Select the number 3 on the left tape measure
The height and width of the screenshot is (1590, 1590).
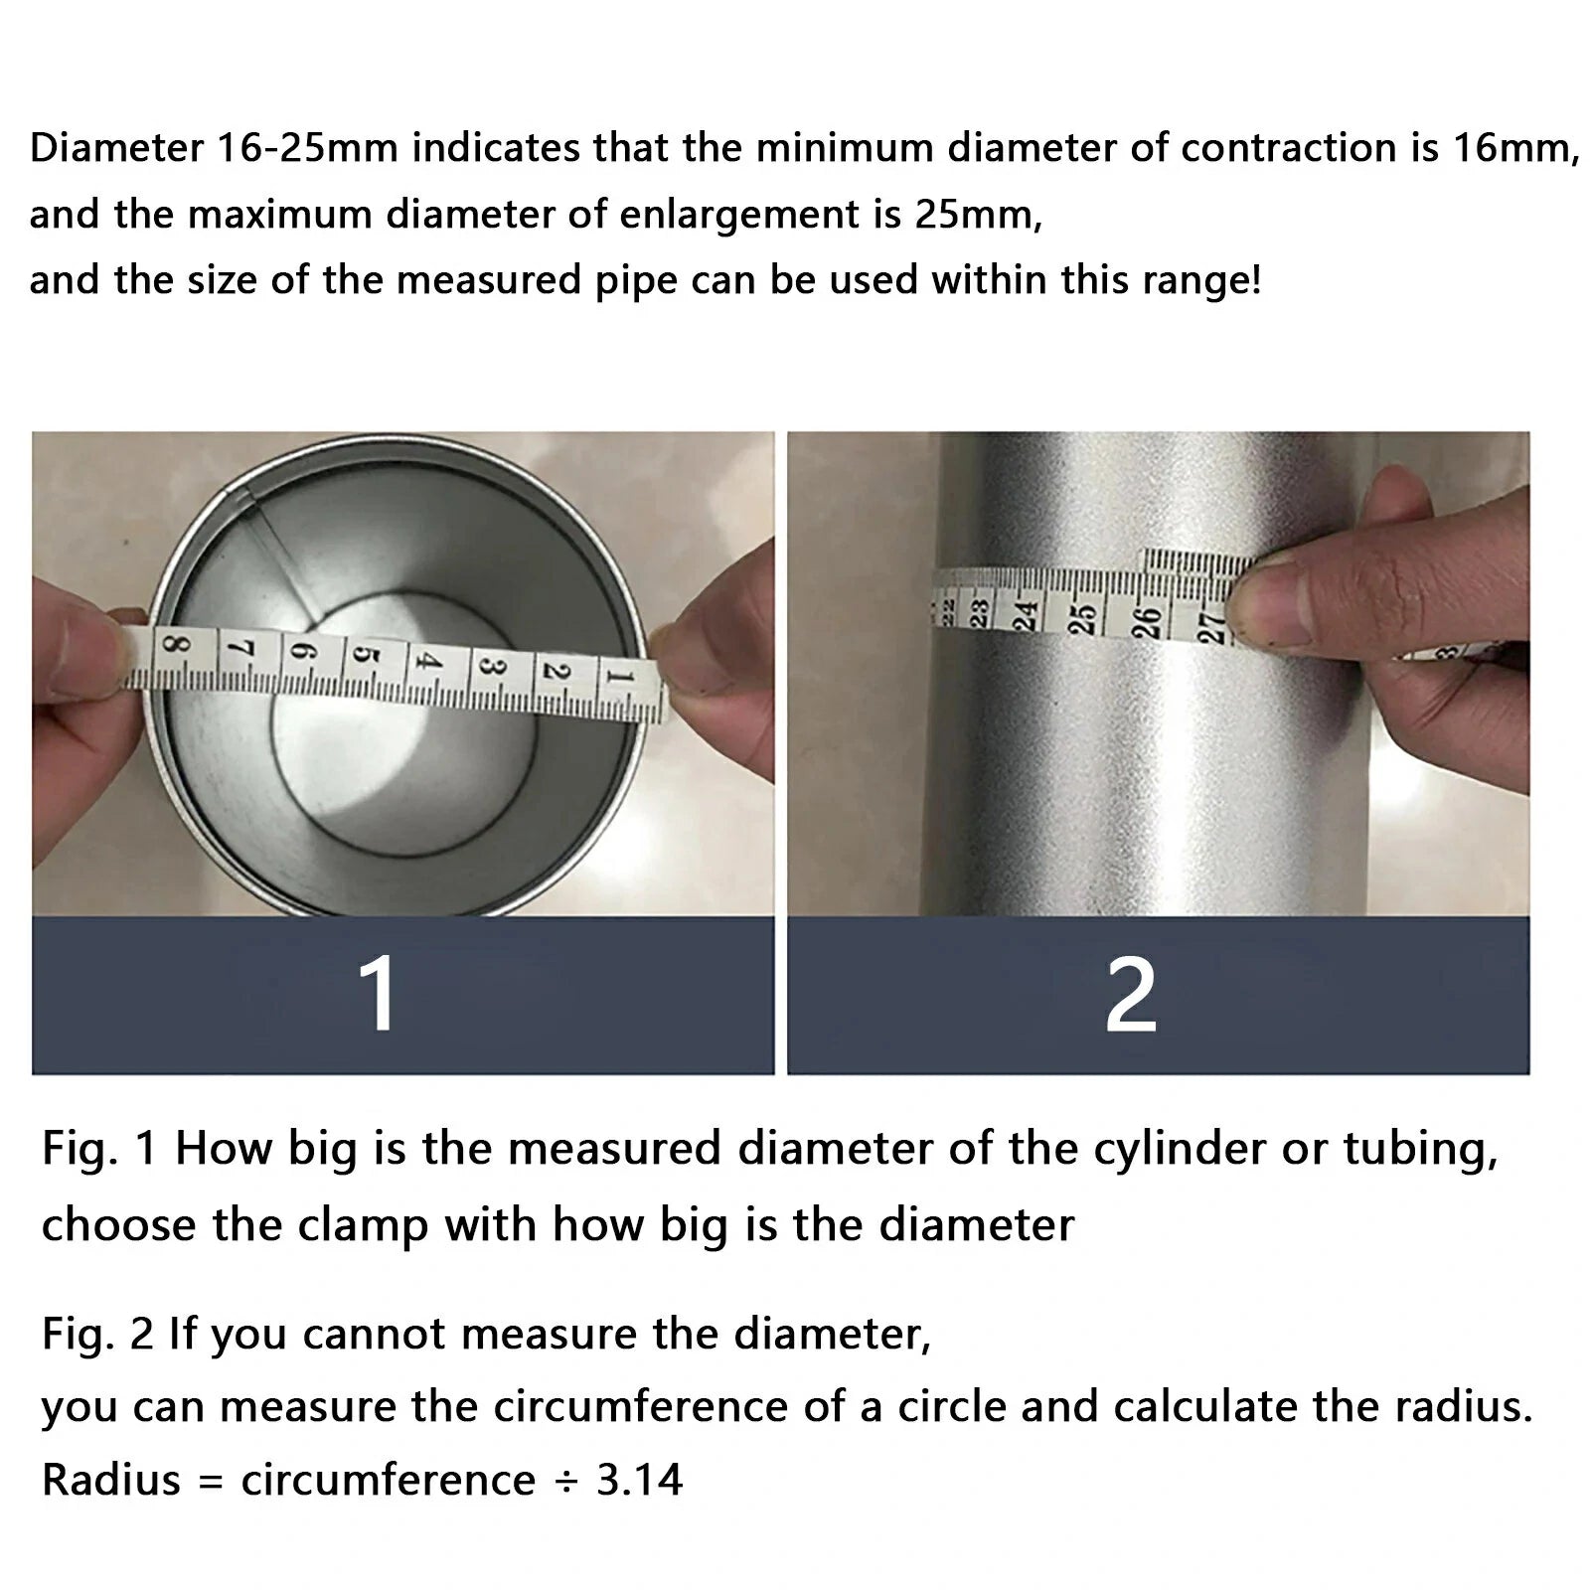pos(489,665)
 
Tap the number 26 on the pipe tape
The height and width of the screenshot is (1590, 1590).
pos(1147,623)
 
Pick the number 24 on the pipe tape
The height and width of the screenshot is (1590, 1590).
pos(1026,614)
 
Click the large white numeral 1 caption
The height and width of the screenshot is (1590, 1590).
pos(379,995)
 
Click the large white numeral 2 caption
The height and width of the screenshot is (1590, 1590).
pos(1131,995)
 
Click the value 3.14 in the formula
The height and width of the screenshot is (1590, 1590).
pos(639,1480)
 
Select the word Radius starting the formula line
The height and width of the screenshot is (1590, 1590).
pos(110,1480)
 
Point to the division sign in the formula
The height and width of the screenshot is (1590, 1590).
pos(565,1481)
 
